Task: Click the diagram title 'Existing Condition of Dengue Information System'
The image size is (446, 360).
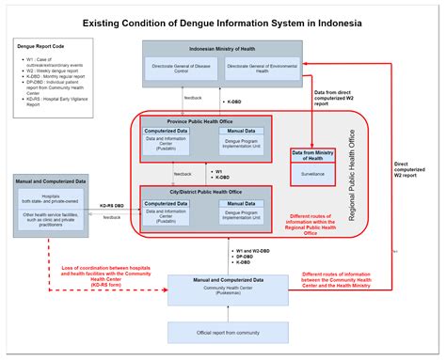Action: point(222,22)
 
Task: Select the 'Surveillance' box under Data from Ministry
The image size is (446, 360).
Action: point(311,173)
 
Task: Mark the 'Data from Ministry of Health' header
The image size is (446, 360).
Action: point(312,156)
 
